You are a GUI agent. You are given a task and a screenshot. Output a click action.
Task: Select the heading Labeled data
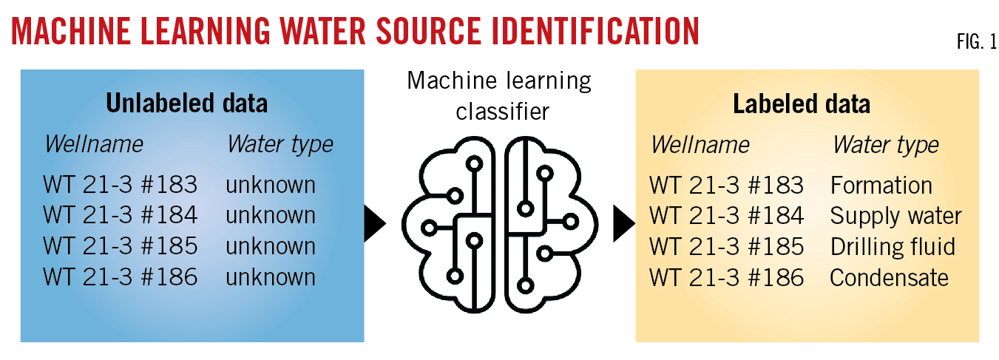[802, 104]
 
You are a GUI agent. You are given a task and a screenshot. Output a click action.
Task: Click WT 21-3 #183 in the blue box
[121, 184]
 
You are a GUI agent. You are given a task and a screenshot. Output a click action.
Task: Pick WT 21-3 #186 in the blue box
[121, 277]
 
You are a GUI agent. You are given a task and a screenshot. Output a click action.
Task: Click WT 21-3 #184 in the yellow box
[726, 216]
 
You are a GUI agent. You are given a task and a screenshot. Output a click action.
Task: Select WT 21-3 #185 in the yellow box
[726, 247]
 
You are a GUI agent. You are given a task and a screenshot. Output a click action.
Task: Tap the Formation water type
[881, 185]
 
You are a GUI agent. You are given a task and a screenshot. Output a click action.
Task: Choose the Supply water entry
[895, 216]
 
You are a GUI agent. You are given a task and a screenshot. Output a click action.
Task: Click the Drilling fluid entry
[893, 247]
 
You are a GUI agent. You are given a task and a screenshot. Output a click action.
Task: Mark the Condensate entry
[889, 278]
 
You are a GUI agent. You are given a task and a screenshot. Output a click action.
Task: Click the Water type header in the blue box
[280, 144]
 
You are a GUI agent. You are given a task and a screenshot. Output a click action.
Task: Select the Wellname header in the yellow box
[700, 145]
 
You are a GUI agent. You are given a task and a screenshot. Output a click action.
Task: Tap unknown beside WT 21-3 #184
[271, 216]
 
